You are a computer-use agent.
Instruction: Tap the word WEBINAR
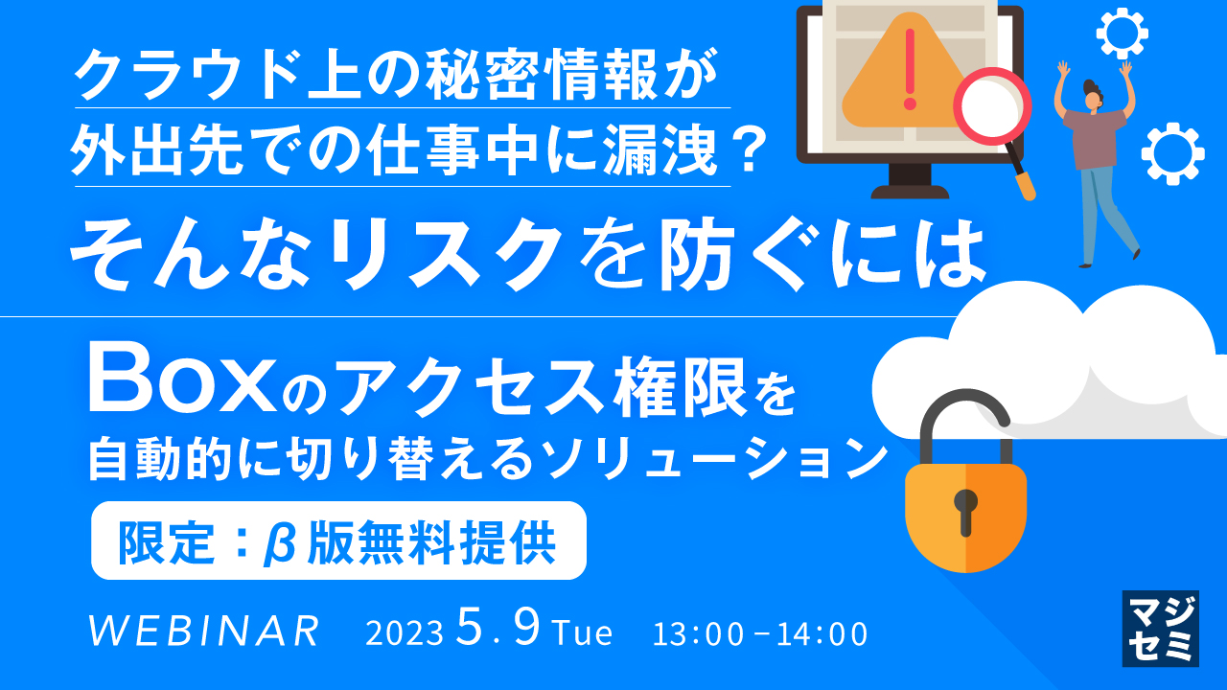coord(203,632)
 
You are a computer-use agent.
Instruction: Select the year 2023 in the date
coord(404,633)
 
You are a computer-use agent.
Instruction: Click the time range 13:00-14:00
coord(760,633)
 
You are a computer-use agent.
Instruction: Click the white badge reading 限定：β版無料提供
coord(337,541)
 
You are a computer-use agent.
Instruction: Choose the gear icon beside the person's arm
coord(1171,153)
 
